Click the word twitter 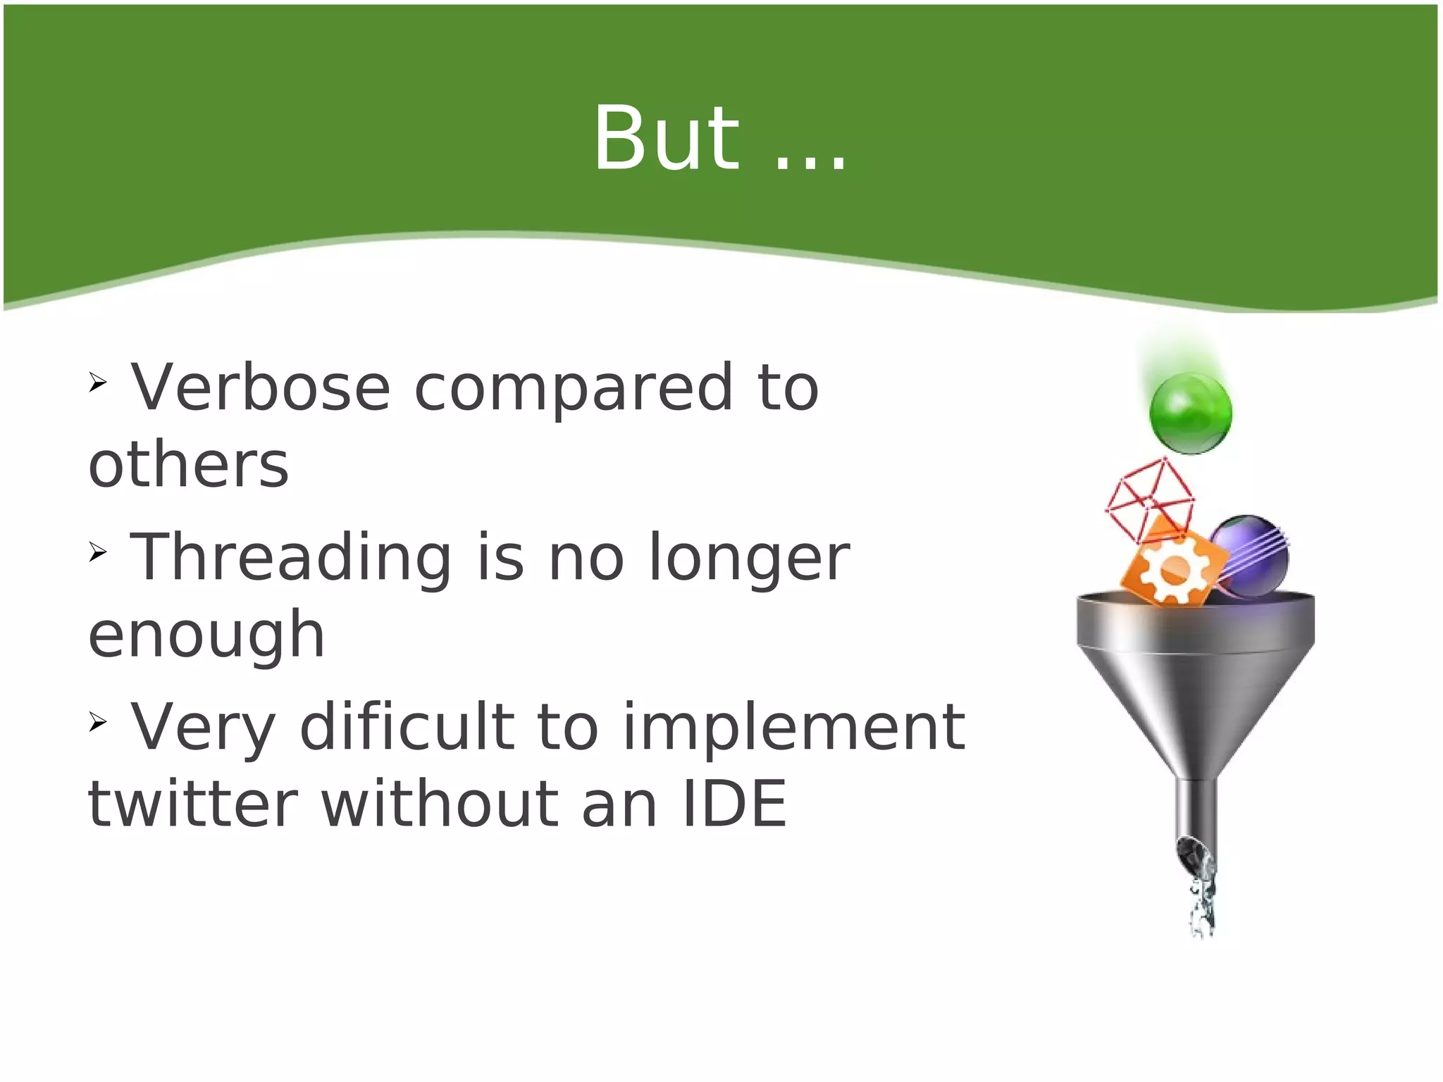click(192, 804)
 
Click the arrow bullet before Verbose click(97, 383)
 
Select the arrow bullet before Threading click(97, 552)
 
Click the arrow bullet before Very click(97, 721)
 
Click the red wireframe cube click(1148, 497)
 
